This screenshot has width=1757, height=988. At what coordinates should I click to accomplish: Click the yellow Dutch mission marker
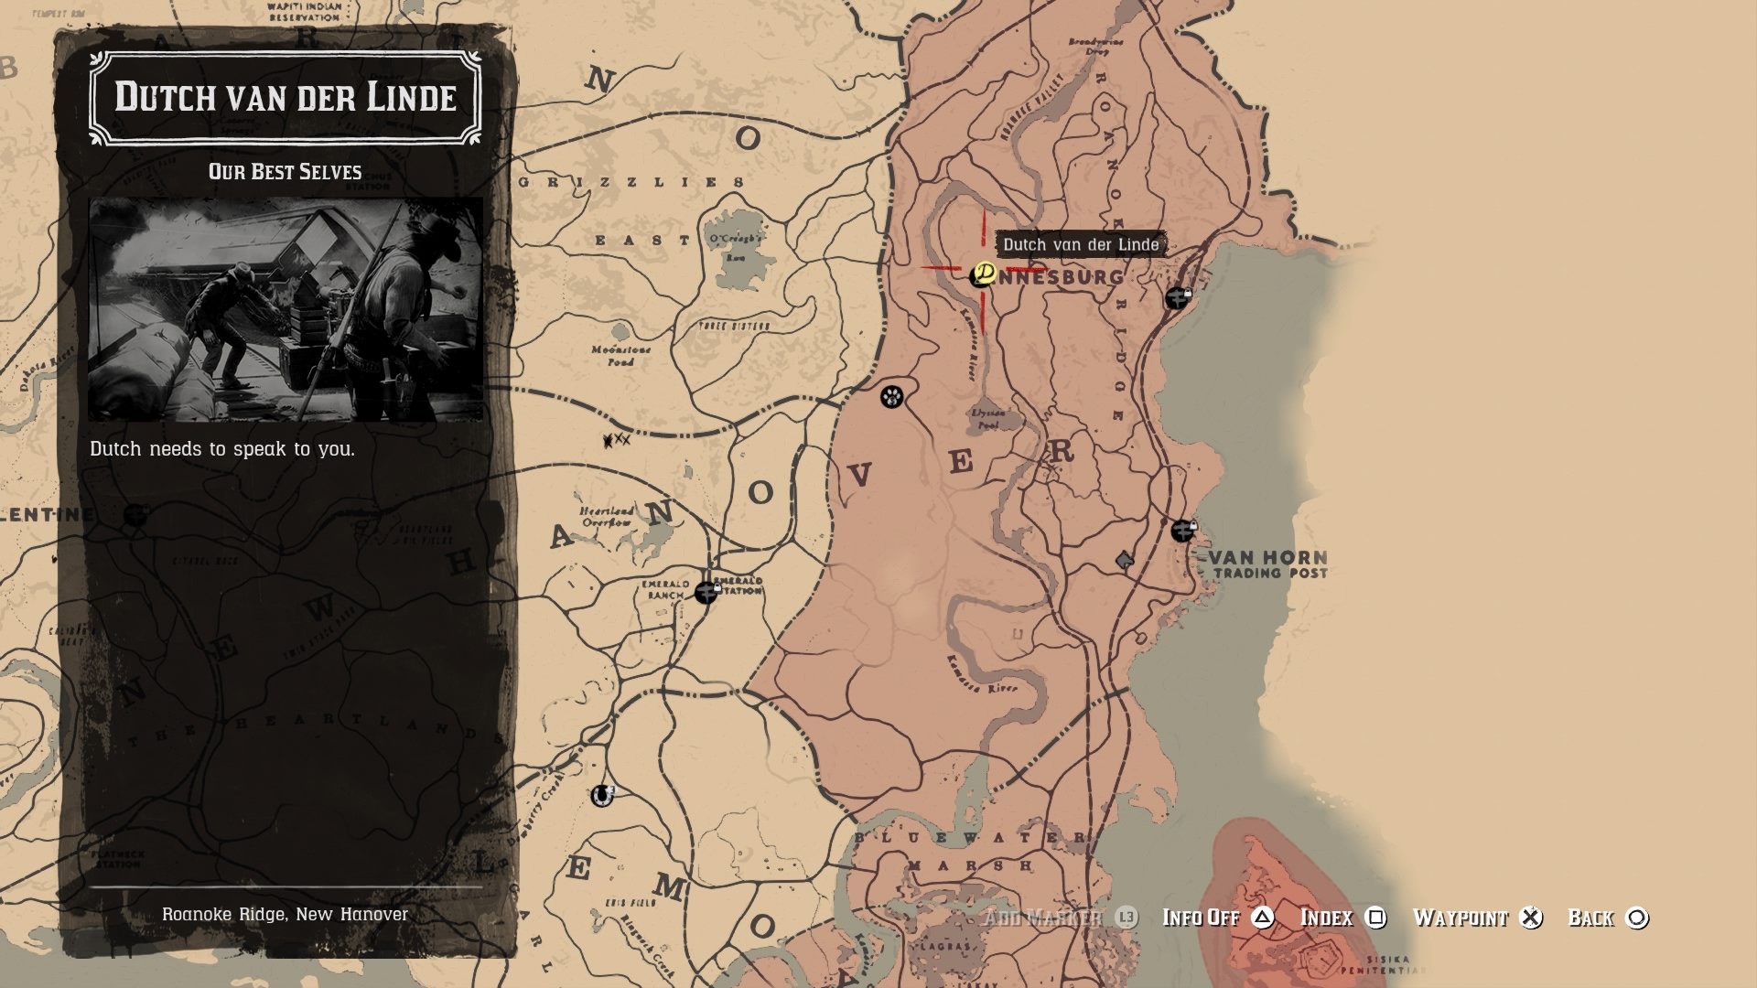tap(985, 273)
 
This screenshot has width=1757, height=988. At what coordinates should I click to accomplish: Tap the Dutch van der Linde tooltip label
tap(1080, 244)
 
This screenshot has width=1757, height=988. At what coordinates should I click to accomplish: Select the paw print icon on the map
tap(892, 396)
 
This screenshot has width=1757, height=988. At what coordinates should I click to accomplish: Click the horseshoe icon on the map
tap(601, 796)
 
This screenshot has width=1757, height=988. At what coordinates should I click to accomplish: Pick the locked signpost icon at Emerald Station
tap(706, 592)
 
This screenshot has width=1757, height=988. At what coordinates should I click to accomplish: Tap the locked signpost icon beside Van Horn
tap(1182, 531)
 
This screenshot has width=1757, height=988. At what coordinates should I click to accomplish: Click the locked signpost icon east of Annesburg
tap(1177, 298)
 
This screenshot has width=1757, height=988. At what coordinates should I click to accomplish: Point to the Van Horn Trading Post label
tap(1268, 564)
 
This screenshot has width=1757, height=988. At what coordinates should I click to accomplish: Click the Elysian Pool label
tap(988, 419)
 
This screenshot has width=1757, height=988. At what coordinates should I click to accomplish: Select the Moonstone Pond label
tap(621, 355)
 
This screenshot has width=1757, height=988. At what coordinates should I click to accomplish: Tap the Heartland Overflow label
tap(607, 517)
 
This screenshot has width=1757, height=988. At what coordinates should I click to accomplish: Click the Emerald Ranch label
tap(665, 589)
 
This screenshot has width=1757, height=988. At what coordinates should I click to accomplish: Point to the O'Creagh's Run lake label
tap(737, 247)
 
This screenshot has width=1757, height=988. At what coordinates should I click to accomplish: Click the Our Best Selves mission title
tap(285, 172)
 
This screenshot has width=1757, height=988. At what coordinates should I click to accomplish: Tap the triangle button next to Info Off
tap(1263, 918)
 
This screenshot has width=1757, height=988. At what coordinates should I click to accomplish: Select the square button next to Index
tap(1375, 918)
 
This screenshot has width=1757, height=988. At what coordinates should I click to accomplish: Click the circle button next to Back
tap(1637, 918)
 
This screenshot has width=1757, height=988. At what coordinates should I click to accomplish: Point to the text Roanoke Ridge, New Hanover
tap(285, 914)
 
